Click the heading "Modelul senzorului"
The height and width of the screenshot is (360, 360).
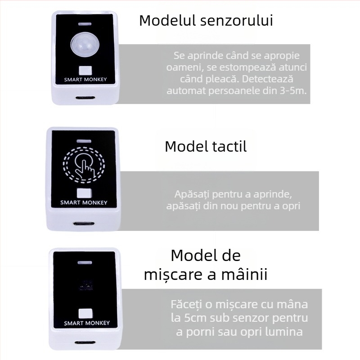coord(206,21)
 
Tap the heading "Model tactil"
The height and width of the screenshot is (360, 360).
coord(206,146)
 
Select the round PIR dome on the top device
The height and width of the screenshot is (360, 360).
coord(85,44)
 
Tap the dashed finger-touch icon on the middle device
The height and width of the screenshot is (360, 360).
coord(84,165)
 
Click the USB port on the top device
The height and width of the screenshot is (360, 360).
coord(85,98)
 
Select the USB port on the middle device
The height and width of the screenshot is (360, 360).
coord(84,224)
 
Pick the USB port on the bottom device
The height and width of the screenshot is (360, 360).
coord(85,343)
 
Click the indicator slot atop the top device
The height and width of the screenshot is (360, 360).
coord(85,24)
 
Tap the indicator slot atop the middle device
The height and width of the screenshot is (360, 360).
coord(84,141)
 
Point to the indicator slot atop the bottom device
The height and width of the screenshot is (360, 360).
coord(85,262)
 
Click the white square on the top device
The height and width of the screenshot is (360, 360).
coord(85,71)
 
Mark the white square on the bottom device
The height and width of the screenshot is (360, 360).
coord(85,314)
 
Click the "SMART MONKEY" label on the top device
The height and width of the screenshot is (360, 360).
coord(85,80)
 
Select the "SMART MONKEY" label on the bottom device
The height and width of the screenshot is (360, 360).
coord(87,323)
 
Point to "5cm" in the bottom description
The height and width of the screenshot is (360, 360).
coord(195,318)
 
